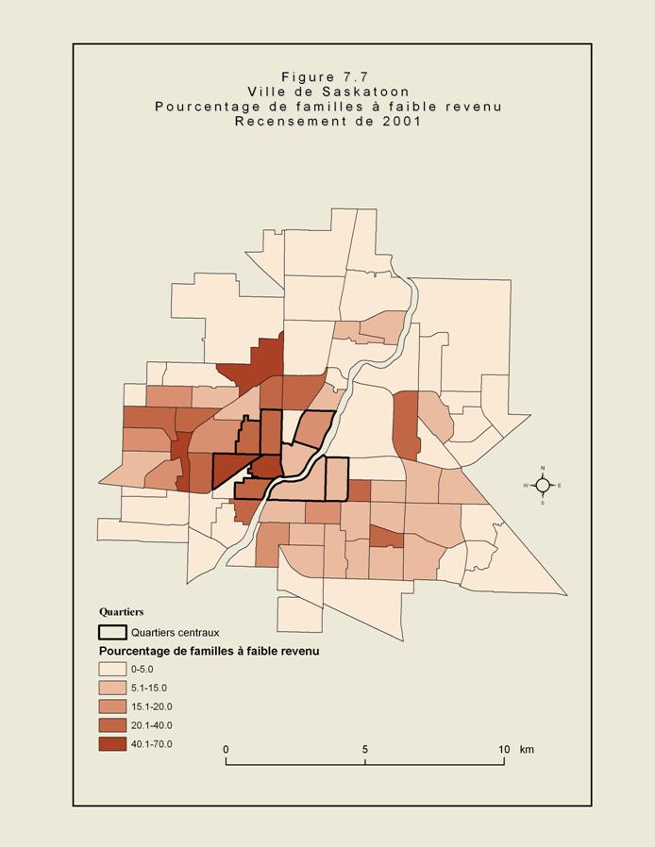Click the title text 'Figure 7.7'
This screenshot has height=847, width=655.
point(327,76)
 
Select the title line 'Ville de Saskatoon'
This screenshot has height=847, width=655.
point(327,91)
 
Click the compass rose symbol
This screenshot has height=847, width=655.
point(543,486)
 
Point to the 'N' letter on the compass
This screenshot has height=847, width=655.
point(543,469)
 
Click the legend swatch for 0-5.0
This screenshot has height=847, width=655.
point(112,669)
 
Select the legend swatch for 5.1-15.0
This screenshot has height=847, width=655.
point(112,688)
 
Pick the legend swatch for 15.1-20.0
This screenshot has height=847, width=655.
point(112,706)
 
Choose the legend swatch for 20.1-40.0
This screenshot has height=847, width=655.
point(112,725)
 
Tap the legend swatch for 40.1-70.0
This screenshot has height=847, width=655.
point(112,744)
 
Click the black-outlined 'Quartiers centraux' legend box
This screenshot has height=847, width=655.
point(112,632)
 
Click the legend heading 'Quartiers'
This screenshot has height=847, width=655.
point(121,612)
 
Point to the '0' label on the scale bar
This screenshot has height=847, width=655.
point(226,750)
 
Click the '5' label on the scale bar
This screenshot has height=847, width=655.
point(365,750)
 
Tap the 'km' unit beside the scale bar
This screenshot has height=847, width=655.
point(527,750)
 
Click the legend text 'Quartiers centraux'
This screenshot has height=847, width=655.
point(175,633)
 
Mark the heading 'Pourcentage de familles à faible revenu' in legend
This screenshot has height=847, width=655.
point(210,651)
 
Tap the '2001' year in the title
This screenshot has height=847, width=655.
point(401,121)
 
